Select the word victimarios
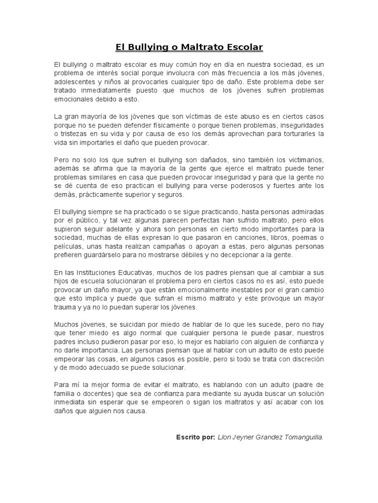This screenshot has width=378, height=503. pyautogui.click(x=301, y=160)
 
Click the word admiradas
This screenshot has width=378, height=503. pyautogui.click(x=303, y=212)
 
